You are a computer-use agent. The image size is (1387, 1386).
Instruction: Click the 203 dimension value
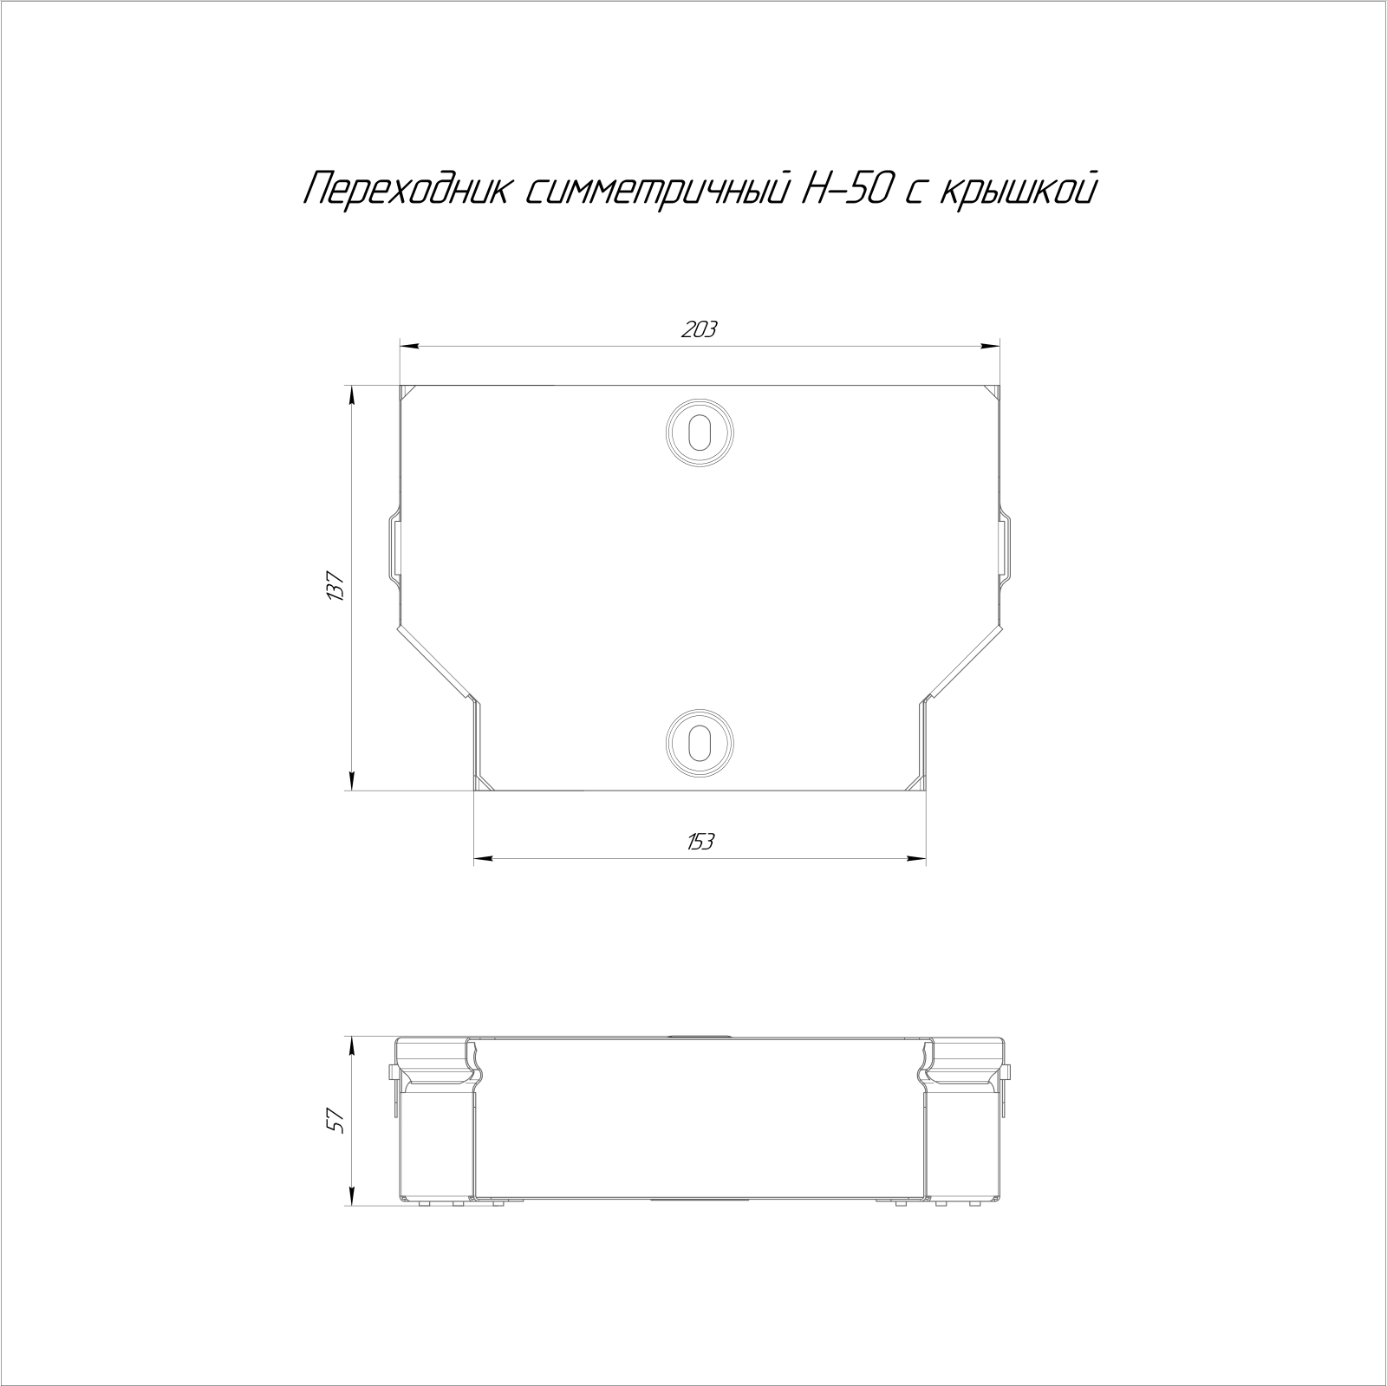[x=700, y=329]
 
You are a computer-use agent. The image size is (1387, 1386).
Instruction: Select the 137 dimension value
[x=337, y=587]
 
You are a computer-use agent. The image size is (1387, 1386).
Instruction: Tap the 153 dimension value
[x=700, y=842]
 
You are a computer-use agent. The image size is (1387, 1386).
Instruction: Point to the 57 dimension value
[x=337, y=1122]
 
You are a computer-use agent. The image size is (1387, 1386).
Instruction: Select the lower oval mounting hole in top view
[x=700, y=742]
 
